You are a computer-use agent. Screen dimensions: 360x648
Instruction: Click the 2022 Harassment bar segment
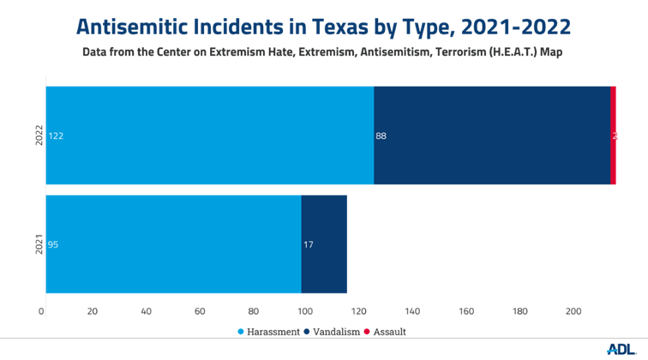[210, 135]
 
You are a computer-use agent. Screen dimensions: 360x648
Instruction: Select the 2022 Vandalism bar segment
[492, 135]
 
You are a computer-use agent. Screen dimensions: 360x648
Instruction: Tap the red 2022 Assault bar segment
[613, 135]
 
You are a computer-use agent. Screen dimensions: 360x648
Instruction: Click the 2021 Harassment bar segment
[173, 244]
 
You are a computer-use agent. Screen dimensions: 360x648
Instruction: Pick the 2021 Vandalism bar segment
[324, 244]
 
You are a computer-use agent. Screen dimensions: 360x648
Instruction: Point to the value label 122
[56, 135]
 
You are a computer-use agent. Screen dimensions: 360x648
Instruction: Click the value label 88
[381, 135]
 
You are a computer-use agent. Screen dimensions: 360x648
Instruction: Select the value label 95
[53, 244]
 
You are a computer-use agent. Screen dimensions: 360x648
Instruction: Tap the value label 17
[309, 244]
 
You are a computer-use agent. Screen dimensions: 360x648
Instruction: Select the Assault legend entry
[385, 332]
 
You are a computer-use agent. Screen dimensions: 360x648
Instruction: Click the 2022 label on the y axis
[39, 135]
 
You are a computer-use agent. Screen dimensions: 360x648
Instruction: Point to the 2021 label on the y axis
[39, 244]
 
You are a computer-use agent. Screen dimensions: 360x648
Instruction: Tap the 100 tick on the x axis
[305, 311]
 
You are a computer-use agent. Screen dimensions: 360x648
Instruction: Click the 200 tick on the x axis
[571, 311]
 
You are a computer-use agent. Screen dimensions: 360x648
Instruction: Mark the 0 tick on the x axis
[42, 311]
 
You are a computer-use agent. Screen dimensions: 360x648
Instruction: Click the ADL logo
[620, 348]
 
